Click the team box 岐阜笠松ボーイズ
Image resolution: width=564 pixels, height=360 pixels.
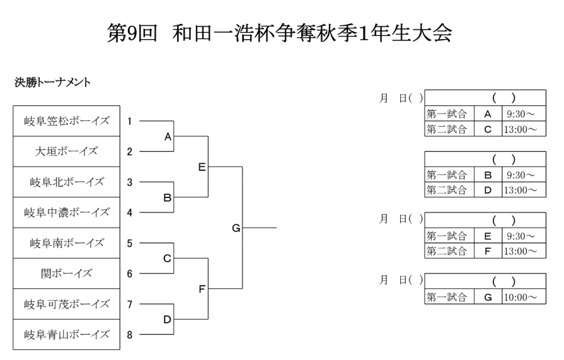pos(67,121)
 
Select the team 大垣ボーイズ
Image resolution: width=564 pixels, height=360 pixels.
pos(67,151)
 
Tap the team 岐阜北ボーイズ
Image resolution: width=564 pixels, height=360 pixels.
pos(67,182)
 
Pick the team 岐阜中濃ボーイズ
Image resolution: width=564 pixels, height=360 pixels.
pos(67,212)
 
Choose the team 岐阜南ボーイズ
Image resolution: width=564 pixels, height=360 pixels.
pos(67,243)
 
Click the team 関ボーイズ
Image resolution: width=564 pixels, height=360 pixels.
pos(67,273)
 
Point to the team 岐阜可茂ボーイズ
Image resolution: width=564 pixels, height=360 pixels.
pos(67,304)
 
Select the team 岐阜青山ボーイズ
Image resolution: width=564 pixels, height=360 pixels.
pos(67,334)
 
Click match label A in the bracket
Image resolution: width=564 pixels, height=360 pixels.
pos(168,136)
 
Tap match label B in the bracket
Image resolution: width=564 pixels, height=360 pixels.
pos(168,197)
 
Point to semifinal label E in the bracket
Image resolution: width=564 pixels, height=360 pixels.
pos(202,166)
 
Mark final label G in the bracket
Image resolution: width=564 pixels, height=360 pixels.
pos(236,228)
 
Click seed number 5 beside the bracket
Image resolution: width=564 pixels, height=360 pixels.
pos(129,243)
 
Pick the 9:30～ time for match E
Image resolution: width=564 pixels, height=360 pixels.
pos(519,236)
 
